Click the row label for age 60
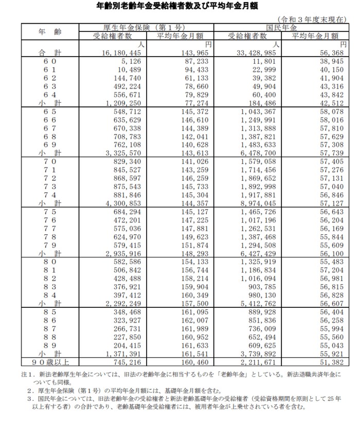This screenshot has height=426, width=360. [x=49, y=61]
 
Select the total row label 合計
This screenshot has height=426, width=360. [x=49, y=52]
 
